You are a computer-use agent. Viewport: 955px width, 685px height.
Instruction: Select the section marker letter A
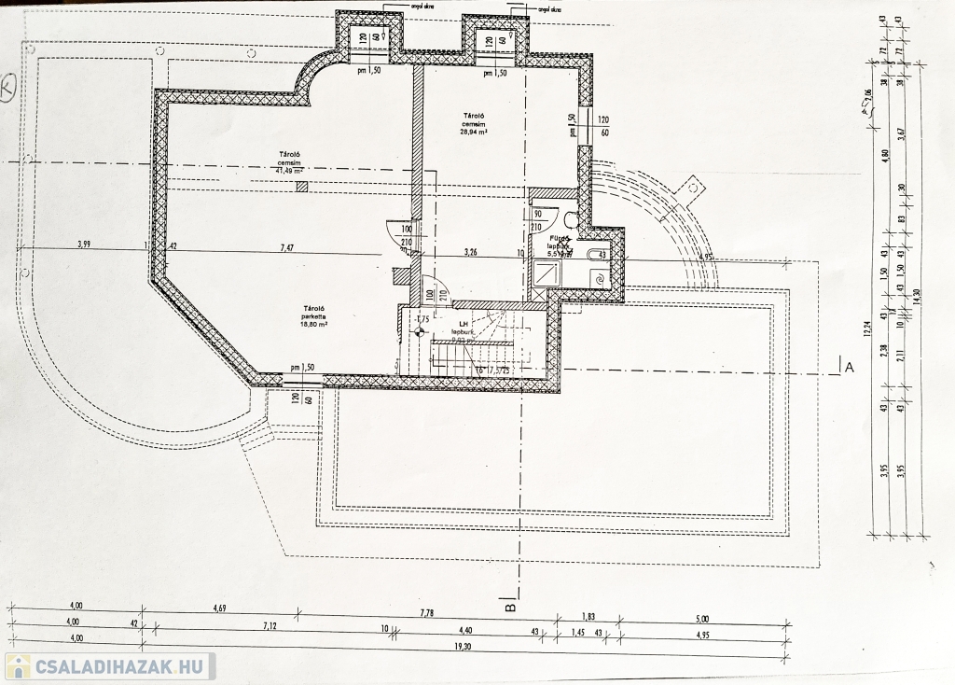849,368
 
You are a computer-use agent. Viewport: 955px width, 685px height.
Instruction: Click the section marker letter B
510,608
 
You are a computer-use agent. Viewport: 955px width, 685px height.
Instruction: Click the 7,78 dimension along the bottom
427,613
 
